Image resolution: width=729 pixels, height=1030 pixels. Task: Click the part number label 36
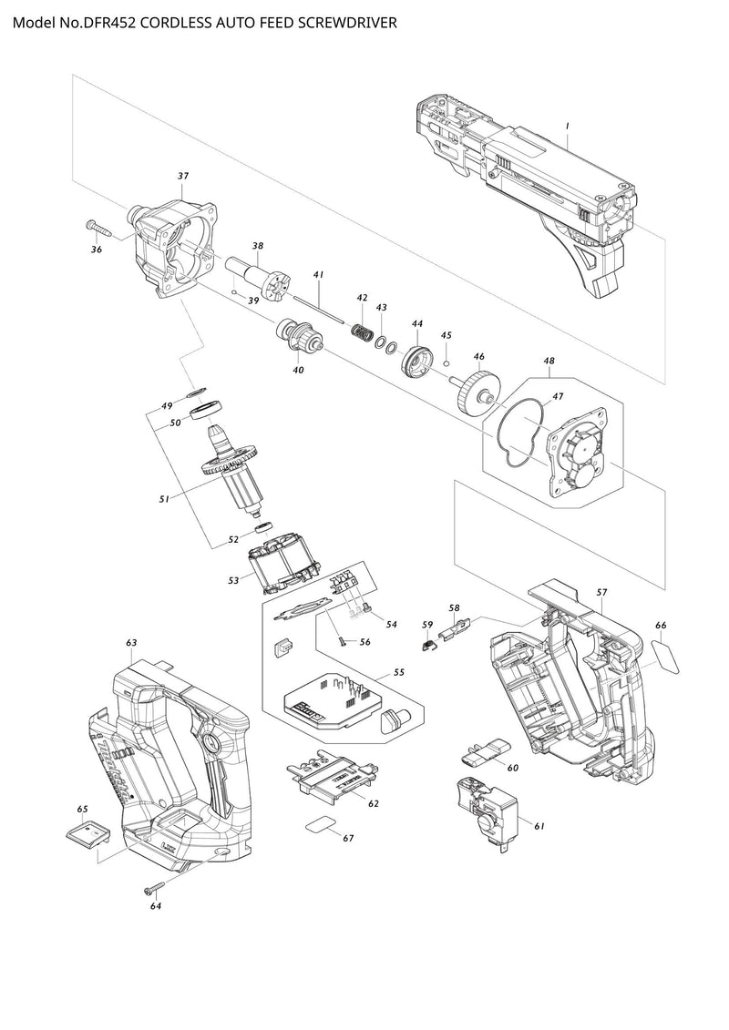(x=97, y=250)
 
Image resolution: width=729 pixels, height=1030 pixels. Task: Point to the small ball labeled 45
(x=447, y=362)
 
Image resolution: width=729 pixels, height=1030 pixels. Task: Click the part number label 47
(x=558, y=396)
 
